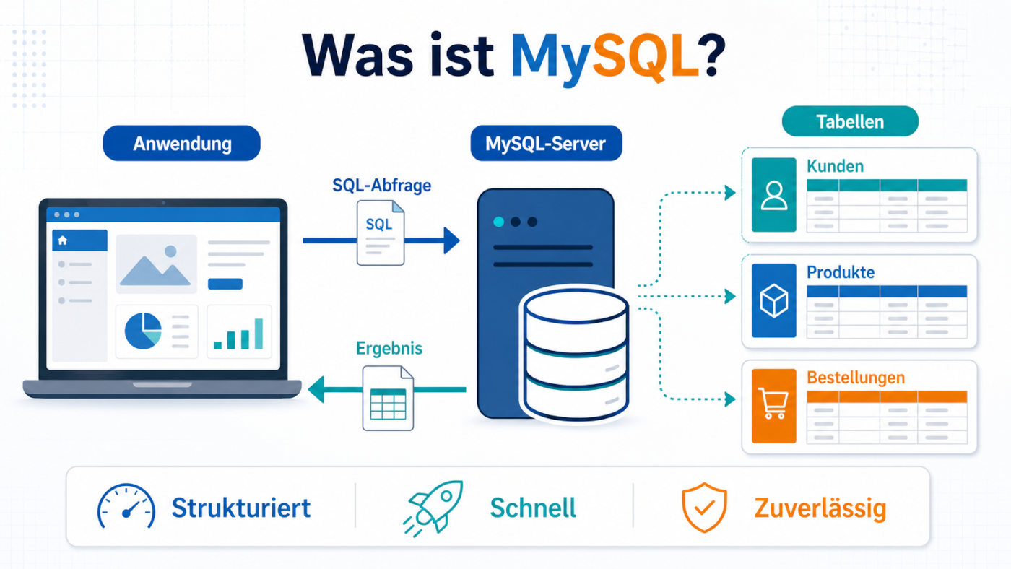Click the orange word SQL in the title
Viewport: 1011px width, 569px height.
coord(646,56)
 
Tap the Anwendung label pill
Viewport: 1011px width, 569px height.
coord(181,144)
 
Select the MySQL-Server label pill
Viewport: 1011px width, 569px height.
coord(546,144)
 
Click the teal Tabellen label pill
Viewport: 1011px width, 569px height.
coord(850,121)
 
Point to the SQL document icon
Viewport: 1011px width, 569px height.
coord(381,233)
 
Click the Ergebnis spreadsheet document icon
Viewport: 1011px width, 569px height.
coord(389,398)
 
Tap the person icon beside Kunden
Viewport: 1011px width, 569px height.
coord(774,195)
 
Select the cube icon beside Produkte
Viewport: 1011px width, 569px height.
coord(774,300)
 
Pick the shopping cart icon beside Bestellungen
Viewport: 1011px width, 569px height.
coord(773,404)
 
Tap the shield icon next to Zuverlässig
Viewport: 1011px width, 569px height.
coord(704,508)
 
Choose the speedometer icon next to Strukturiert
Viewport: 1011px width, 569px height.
coord(126,506)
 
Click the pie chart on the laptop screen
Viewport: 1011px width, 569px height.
coord(143,331)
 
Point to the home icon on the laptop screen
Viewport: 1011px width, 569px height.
coord(63,240)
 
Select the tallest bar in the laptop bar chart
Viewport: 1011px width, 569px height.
coord(259,334)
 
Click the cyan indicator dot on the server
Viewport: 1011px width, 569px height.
coord(499,222)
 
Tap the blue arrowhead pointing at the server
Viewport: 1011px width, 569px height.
coord(452,240)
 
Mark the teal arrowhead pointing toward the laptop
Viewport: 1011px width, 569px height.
coord(316,389)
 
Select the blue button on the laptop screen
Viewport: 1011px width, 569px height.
coord(225,284)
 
